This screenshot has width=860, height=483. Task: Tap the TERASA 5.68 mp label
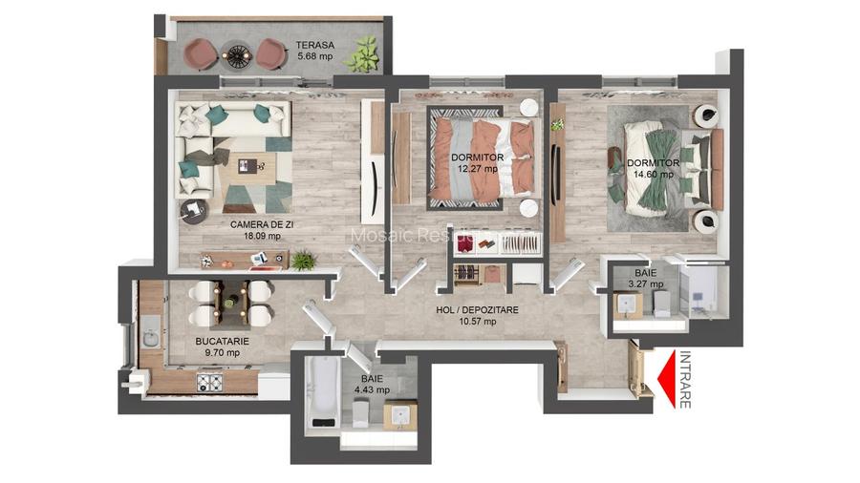[x=314, y=49]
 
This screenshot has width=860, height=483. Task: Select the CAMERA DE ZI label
[x=255, y=230]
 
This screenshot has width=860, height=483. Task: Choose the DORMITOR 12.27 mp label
[x=477, y=163]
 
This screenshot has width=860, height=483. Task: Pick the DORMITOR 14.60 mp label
[x=653, y=168]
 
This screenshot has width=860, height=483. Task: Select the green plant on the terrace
[x=363, y=54]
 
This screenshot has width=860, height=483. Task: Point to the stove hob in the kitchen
[x=209, y=382]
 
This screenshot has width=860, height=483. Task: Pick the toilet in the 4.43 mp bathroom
[x=361, y=412]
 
